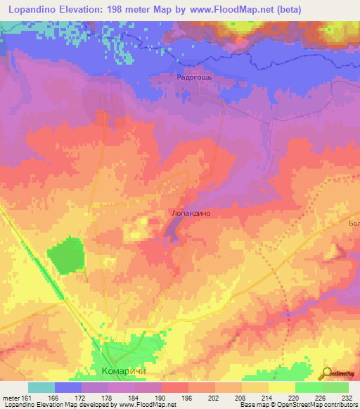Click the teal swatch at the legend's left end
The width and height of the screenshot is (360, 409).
click(41, 387)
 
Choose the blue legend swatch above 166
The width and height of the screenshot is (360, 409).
click(67, 387)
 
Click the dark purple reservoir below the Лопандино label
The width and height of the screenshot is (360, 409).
click(172, 231)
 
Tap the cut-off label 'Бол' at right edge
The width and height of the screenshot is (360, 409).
click(354, 223)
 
